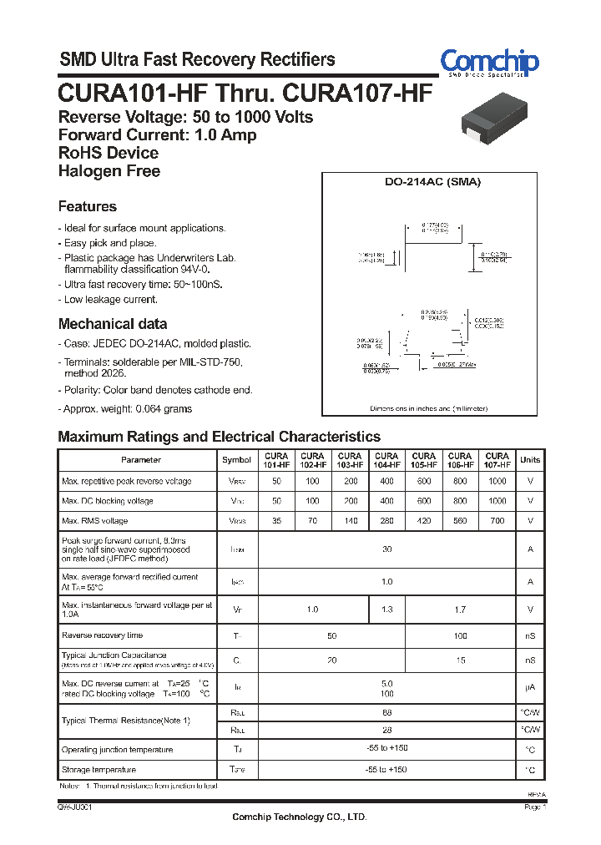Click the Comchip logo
tap(489, 62)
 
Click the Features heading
tap(88, 206)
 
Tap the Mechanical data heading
tap(113, 324)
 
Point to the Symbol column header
tap(236, 460)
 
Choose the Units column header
tap(530, 460)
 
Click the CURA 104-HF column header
tap(386, 460)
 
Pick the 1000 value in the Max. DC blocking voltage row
tap(497, 501)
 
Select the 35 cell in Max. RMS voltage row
tap(276, 521)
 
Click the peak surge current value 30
tap(386, 549)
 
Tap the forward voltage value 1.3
tap(386, 610)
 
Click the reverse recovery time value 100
tap(461, 636)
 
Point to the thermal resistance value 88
tap(386, 712)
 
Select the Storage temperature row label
tap(98, 769)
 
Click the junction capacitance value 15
tap(461, 660)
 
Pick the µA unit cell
tap(530, 689)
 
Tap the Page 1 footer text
tap(534, 807)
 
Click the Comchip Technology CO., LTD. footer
tap(299, 817)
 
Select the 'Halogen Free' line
tap(109, 171)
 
